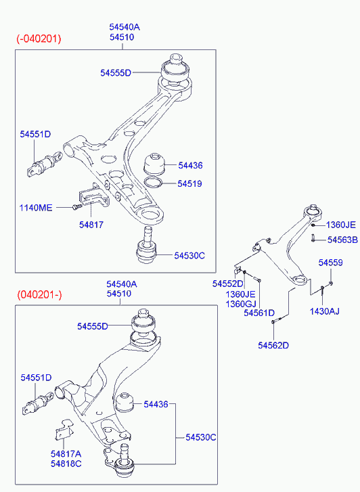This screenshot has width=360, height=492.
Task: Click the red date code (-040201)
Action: point(39,39)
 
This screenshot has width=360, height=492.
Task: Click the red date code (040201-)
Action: point(39,295)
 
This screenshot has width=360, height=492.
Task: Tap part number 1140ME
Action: point(36,208)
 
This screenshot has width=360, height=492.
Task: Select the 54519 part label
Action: point(189,183)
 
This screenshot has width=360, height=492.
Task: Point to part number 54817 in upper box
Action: point(91,225)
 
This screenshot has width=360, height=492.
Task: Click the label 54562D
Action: point(273,345)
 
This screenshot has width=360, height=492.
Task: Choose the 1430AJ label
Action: point(325,311)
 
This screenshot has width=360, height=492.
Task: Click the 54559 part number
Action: point(330,263)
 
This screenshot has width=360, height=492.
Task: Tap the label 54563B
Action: point(342,240)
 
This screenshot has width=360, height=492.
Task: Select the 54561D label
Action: point(259,313)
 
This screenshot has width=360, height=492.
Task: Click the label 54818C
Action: point(66,464)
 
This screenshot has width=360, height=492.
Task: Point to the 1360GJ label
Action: point(241,304)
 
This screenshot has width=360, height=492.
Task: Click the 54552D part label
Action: point(228,284)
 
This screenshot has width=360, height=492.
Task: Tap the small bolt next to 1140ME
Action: point(76,207)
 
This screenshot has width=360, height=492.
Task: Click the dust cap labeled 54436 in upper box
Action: point(155,164)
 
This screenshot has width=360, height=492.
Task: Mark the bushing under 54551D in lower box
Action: point(38,403)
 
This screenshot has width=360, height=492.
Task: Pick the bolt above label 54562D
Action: point(277,319)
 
